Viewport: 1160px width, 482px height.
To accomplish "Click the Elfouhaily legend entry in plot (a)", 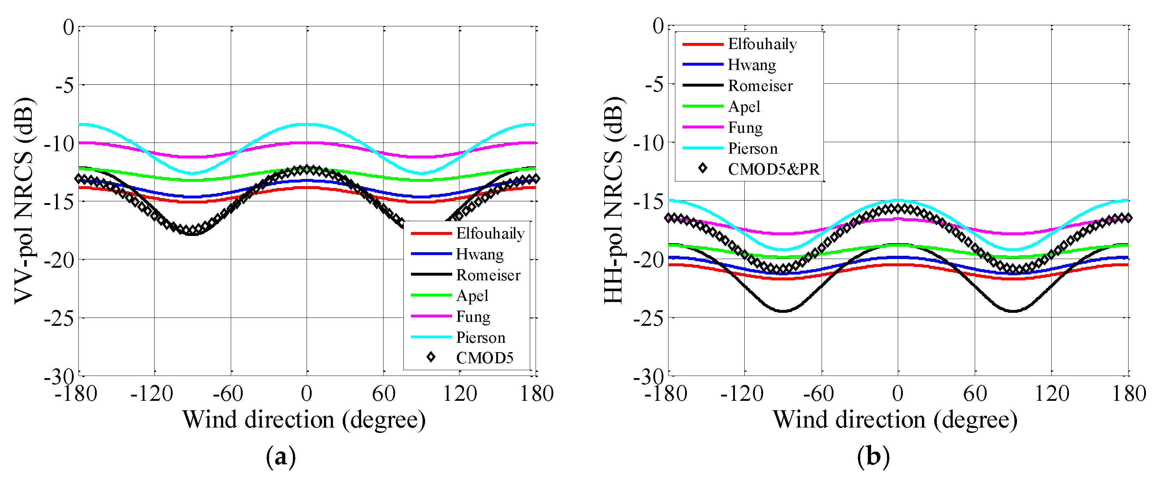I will [490, 233].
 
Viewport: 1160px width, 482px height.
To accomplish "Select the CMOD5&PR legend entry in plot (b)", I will [773, 169].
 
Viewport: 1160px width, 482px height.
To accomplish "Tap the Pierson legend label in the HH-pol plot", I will [753, 149].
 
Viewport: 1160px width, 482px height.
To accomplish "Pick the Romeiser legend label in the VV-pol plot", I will [488, 275].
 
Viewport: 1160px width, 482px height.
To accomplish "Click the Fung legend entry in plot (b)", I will [745, 128].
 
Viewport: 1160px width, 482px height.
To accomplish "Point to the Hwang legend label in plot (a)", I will [480, 254].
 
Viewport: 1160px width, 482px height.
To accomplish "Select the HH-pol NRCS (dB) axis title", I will [613, 200].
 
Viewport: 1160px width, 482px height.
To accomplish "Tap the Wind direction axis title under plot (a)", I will [304, 420].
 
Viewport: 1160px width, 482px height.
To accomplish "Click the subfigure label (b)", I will [873, 457].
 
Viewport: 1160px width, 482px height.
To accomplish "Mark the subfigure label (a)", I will [281, 457].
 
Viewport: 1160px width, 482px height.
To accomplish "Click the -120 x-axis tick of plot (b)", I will [742, 394].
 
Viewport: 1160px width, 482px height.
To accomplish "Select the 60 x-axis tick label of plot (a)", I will [383, 394].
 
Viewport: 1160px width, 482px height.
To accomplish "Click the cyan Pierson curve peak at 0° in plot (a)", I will [307, 124].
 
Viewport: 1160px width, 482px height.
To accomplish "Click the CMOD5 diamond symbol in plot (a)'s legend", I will [431, 357].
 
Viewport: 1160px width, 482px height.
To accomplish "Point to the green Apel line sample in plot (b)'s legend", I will [702, 106].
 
